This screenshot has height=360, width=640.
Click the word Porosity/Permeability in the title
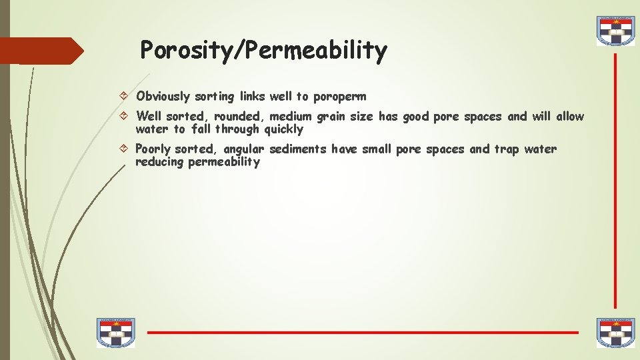(x=263, y=51)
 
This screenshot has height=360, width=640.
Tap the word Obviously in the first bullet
(x=163, y=97)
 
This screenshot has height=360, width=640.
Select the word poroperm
(x=339, y=97)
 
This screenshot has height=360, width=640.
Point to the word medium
(x=292, y=117)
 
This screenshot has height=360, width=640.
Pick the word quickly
(x=283, y=129)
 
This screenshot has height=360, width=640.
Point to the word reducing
(x=159, y=162)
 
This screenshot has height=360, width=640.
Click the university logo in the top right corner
(x=615, y=31)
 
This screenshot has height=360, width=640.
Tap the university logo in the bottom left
(x=115, y=332)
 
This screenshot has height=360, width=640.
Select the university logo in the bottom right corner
(x=615, y=332)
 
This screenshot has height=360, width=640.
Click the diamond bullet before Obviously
(x=127, y=97)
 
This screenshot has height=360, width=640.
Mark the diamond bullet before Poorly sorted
(x=127, y=149)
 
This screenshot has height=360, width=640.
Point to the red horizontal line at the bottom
(x=363, y=332)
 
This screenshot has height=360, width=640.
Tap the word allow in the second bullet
(x=570, y=117)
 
